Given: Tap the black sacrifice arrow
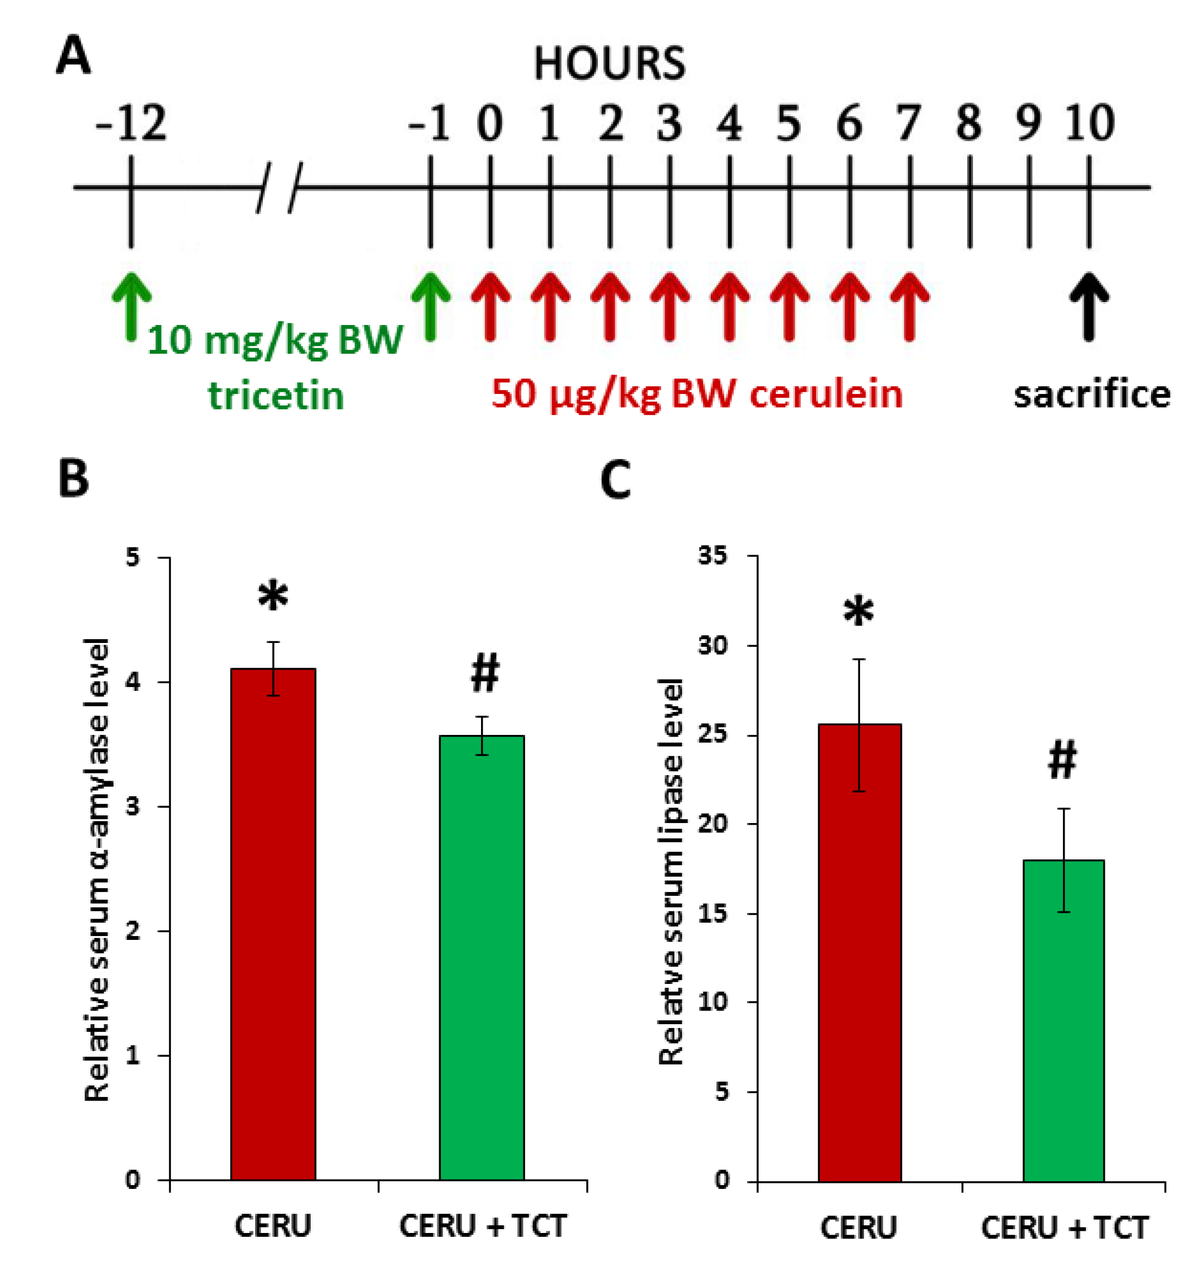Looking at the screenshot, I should click(1088, 306).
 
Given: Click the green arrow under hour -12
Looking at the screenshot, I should click(131, 306).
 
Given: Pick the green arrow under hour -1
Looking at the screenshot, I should click(430, 306).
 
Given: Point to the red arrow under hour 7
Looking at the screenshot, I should click(909, 306).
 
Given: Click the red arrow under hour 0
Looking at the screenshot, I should click(490, 306).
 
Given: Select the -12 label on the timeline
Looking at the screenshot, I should click(131, 123).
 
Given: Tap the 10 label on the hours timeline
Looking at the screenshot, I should click(1090, 123).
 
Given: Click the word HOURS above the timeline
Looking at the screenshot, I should click(609, 64).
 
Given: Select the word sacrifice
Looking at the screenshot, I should click(1092, 394).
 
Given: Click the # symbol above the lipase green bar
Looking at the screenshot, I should click(1062, 761).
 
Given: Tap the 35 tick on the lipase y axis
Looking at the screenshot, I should click(712, 555).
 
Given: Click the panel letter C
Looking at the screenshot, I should click(615, 481).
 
